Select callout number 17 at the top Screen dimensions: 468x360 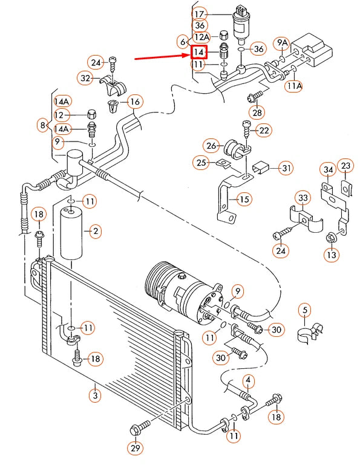click(200, 13)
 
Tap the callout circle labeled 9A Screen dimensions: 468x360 click(282, 43)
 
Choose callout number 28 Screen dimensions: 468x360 click(257, 113)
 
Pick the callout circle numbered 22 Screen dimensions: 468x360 click(264, 130)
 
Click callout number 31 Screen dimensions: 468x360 click(286, 167)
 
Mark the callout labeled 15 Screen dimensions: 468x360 click(244, 198)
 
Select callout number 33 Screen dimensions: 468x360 click(303, 198)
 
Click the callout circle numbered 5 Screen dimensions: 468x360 click(306, 311)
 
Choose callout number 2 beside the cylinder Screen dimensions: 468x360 click(95, 230)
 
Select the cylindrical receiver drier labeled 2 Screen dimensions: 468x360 click(71, 233)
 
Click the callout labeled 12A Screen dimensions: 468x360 click(202, 37)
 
